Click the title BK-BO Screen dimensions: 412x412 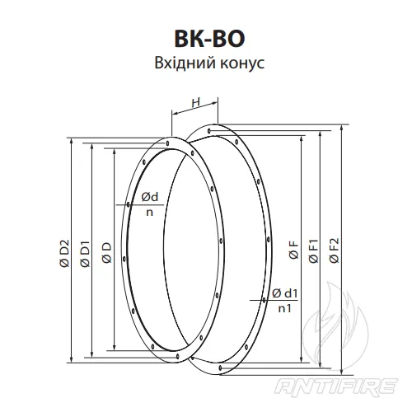click(x=206, y=39)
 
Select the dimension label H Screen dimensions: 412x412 click(x=196, y=102)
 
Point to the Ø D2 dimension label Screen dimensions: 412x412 click(x=64, y=252)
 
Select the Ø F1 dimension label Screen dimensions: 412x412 click(x=314, y=252)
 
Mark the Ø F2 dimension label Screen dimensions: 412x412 click(x=334, y=252)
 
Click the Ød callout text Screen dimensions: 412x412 click(x=149, y=197)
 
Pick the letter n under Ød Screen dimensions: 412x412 click(x=149, y=211)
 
